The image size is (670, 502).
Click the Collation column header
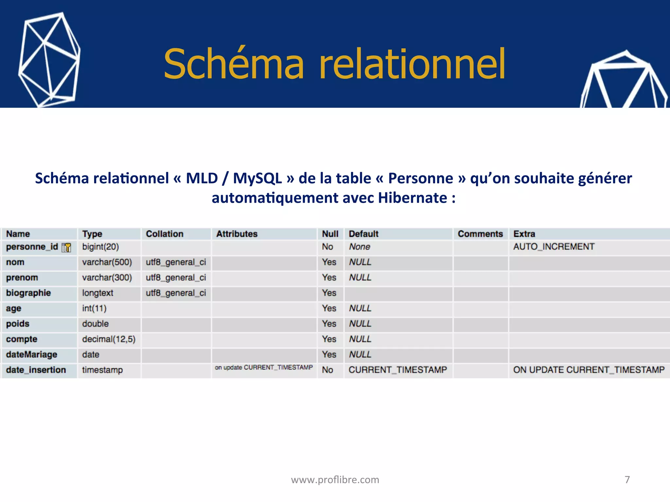tap(164, 234)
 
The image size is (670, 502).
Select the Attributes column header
tap(237, 234)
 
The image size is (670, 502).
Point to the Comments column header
tap(480, 234)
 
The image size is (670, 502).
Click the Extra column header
tap(524, 234)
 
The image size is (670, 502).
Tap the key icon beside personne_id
tap(66, 248)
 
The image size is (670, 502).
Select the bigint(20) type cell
tap(100, 247)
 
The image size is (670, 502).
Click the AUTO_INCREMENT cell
tap(554, 247)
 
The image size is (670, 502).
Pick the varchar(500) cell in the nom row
tap(107, 262)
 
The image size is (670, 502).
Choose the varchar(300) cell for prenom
tap(107, 277)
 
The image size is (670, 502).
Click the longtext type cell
tap(97, 293)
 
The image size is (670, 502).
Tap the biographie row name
tap(28, 293)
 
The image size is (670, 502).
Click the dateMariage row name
tap(31, 355)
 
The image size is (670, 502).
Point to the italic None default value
tap(359, 247)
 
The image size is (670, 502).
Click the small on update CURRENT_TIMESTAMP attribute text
tap(264, 367)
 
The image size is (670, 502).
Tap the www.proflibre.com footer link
tap(335, 479)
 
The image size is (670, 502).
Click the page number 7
tap(627, 479)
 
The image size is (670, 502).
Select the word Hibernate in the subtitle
tap(412, 198)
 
